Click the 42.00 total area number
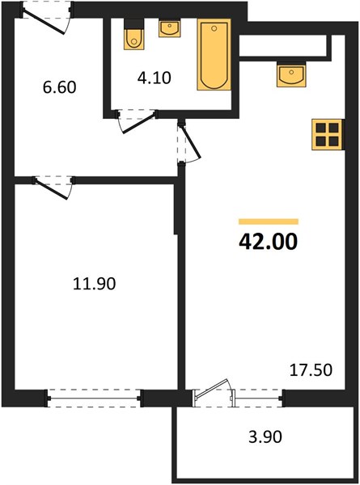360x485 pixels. (x=268, y=242)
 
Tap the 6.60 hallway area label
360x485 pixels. (x=59, y=87)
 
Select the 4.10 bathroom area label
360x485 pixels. (x=155, y=78)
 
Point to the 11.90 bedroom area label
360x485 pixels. (x=94, y=284)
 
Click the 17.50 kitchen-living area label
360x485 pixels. (x=311, y=370)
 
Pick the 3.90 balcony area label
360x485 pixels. (x=265, y=437)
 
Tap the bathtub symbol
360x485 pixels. (x=214, y=55)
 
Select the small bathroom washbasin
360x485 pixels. (x=169, y=28)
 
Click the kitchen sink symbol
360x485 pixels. (x=291, y=74)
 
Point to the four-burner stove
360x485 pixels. (x=328, y=134)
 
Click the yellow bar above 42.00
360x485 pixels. (x=269, y=221)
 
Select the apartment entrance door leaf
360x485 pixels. (x=44, y=22)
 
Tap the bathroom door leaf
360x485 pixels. (x=138, y=124)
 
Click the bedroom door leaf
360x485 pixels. (x=52, y=188)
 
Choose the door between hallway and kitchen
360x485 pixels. (x=192, y=141)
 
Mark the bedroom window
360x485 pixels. (x=95, y=399)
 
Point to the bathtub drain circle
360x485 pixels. (x=214, y=28)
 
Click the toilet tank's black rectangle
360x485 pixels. (x=134, y=23)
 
